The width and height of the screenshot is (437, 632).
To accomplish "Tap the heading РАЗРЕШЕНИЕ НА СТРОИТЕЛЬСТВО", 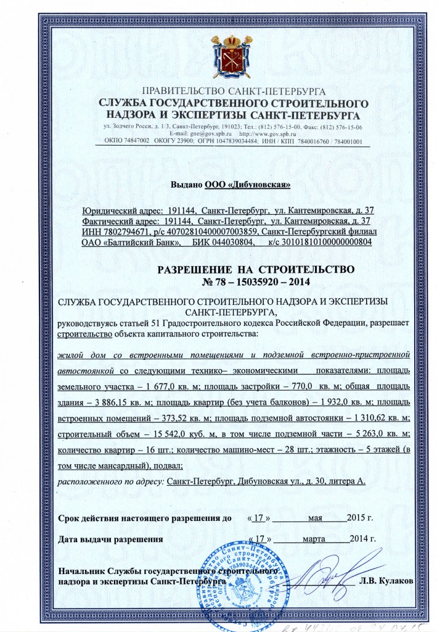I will [256, 270].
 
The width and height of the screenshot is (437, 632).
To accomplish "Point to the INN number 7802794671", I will [124, 231].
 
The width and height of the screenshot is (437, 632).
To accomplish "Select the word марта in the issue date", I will [315, 539].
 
